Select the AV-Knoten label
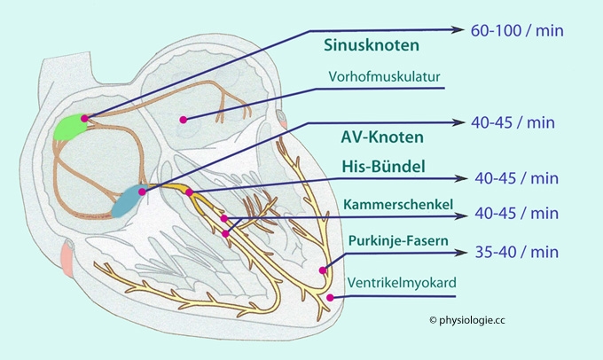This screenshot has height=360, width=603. click(381, 137)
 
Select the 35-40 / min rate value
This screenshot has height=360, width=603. click(517, 252)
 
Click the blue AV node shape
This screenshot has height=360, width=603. click(131, 201)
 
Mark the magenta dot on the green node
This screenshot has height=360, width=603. click(84, 117)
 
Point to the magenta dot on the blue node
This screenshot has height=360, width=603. click(142, 189)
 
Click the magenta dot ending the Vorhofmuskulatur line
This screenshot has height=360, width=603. click(184, 120)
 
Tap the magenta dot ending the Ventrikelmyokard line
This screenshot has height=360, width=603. click(331, 299)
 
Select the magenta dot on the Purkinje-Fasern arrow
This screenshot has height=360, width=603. click(323, 270)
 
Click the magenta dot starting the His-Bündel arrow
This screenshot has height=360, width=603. click(189, 192)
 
